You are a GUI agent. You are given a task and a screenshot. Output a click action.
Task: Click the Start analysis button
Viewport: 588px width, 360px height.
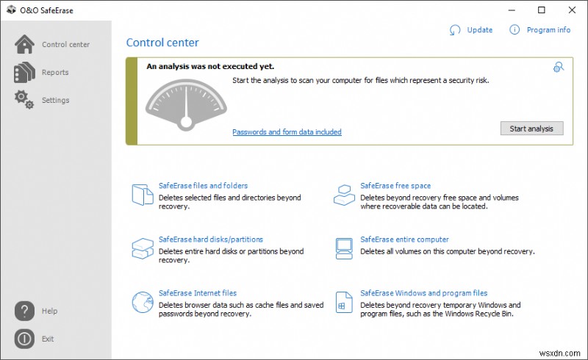[531, 129]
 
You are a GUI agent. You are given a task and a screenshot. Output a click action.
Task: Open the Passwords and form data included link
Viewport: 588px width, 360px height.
[287, 132]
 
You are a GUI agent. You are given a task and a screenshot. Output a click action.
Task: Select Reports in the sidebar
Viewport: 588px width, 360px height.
[55, 73]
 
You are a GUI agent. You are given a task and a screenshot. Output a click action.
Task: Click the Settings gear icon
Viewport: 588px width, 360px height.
[24, 100]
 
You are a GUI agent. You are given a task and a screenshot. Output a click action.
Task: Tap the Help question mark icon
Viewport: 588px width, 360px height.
[24, 311]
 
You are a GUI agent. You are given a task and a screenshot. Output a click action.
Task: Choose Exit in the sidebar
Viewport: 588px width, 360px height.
[48, 339]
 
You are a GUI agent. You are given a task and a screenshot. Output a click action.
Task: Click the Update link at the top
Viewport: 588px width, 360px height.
[479, 30]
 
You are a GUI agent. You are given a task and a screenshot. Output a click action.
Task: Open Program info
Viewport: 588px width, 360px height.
[548, 30]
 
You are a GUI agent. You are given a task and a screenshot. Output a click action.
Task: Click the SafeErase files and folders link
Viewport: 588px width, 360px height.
[203, 186]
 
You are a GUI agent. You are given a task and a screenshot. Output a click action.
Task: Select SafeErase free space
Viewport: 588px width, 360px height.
[395, 186]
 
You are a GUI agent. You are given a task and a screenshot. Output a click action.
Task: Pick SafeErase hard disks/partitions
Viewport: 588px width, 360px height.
[210, 240]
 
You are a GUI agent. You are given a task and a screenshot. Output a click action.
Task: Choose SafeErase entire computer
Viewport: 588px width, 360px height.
[404, 240]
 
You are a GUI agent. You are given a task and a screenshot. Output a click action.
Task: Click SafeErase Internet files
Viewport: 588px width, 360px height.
[198, 293]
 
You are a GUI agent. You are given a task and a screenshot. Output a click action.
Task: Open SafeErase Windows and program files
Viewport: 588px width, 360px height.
[423, 293]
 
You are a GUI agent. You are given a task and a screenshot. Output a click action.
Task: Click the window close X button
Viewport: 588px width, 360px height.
[572, 10]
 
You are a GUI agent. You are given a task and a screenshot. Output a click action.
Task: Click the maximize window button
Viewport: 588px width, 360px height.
[542, 10]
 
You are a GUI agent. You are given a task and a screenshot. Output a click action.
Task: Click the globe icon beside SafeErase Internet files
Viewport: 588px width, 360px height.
[141, 302]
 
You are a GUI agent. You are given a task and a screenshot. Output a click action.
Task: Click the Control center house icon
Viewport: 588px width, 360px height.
[24, 44]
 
